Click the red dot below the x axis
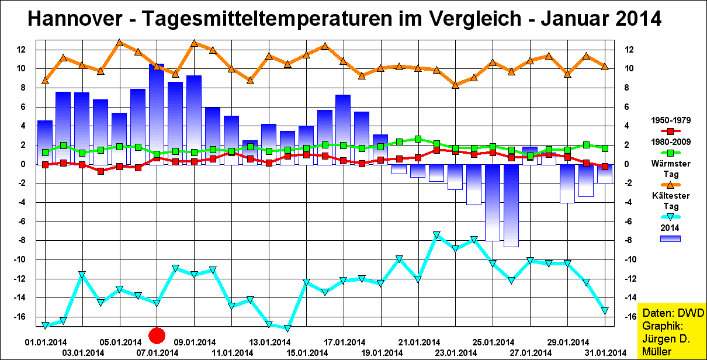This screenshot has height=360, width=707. (157, 335)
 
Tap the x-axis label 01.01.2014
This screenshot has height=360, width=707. (45, 342)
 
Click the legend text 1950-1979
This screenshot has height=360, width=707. (671, 120)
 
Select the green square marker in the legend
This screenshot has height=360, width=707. (670, 153)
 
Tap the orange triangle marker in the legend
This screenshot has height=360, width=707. (670, 185)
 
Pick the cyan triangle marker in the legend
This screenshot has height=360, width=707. (670, 217)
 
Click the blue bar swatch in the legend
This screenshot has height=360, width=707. (670, 238)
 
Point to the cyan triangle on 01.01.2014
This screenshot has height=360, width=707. (45, 326)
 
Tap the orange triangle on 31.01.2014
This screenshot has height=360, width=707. (605, 67)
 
